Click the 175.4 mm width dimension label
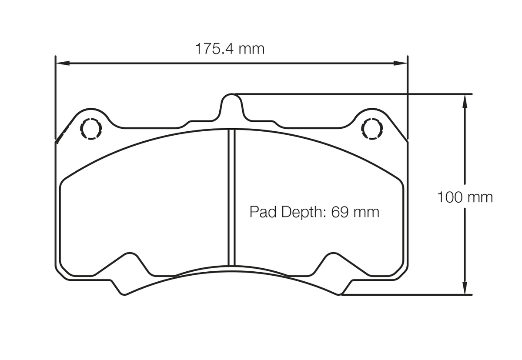tap(230, 49)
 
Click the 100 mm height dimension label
tap(465, 197)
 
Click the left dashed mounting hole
tap(91, 129)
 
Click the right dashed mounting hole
tap(372, 129)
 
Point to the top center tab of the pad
tap(231, 105)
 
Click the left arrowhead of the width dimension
tap(63, 63)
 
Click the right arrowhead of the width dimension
tap(400, 63)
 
